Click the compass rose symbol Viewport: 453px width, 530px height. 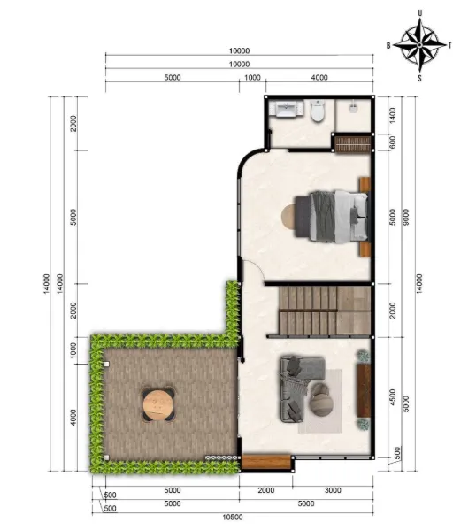point(419,44)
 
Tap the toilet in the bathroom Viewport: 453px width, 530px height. point(318,111)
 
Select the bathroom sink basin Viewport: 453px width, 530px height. point(286,109)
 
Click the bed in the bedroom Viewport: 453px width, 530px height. point(331,217)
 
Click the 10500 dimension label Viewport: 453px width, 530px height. point(233,518)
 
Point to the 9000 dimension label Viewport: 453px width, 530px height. point(406,217)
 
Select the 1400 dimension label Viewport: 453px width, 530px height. point(393,115)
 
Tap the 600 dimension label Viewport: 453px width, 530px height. point(393,142)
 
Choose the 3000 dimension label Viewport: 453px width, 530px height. point(333,490)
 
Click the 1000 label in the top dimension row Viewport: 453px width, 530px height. point(252,77)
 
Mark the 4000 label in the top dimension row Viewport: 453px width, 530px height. point(319,77)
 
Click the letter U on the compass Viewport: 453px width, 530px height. point(420,13)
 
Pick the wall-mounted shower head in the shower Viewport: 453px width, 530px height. point(353,107)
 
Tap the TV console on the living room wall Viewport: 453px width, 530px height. point(365,390)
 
